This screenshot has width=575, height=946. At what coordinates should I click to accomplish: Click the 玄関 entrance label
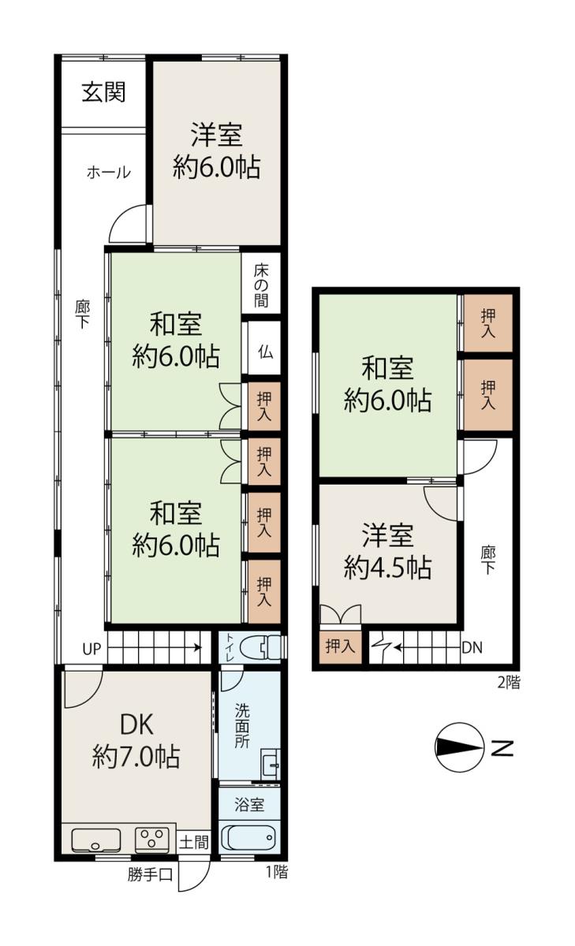pos(103,92)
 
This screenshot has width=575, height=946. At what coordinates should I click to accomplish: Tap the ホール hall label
pos(109,173)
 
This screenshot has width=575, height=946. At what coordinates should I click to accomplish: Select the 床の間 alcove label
pos(262,285)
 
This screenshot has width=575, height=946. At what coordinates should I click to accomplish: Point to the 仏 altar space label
pos(265,351)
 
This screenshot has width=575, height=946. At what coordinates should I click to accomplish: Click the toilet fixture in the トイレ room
pos(260,647)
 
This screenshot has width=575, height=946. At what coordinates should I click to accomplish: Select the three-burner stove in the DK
pos(152,840)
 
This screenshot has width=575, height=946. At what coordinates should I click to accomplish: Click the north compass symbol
pos(459,747)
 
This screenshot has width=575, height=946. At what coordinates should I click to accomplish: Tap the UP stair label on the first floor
pos(91,649)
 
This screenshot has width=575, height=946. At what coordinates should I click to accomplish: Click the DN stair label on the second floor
pos(472,647)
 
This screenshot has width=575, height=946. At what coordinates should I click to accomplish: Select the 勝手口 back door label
pos(151,874)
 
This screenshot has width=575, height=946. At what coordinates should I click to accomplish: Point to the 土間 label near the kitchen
pos(194,842)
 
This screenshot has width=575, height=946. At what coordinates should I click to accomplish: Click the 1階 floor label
pos(277,872)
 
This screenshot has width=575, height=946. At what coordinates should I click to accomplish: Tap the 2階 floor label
pos(509,683)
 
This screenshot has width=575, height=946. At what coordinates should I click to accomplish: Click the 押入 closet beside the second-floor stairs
pos(340,646)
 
